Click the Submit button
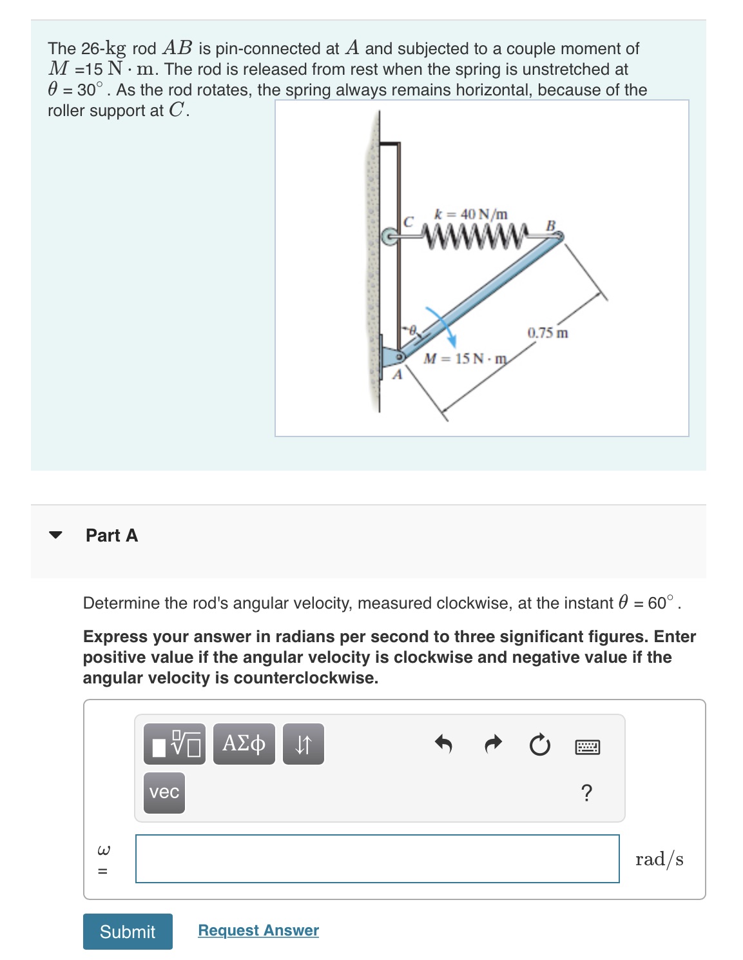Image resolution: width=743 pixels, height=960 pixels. point(128,931)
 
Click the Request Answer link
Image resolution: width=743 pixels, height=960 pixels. point(258,930)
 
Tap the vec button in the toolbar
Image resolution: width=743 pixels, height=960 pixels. point(164,792)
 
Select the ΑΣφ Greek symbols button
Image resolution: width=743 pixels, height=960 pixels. point(244,744)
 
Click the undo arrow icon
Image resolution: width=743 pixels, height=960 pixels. point(443,745)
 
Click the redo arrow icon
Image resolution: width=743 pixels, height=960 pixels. point(492,745)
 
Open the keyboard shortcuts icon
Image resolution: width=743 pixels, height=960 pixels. point(587,747)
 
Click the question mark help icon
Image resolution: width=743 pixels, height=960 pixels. point(586,792)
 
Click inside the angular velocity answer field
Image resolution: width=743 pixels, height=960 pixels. point(377,858)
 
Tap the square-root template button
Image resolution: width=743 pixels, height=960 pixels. point(175,744)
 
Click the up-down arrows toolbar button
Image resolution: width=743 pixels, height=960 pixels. point(304,744)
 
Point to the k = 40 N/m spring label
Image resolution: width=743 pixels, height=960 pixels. point(471,213)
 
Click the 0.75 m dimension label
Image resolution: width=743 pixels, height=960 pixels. point(547,333)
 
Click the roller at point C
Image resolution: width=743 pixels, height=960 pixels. point(389,237)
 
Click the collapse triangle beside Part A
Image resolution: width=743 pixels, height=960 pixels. point(56,534)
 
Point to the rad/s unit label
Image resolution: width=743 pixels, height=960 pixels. point(659,859)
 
